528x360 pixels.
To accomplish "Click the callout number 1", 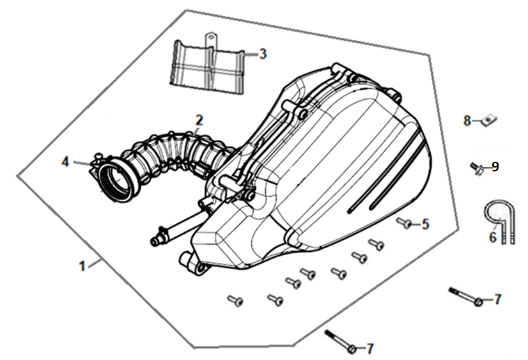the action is [x=82, y=267].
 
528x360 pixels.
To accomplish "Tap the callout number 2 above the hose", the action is [x=199, y=120].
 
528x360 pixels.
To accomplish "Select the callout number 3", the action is [x=263, y=54].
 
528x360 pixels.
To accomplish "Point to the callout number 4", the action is [x=65, y=162].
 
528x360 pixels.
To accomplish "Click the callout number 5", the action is [x=426, y=224].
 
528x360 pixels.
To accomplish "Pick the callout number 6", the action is [x=493, y=237].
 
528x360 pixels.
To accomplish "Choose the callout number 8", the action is [x=467, y=121].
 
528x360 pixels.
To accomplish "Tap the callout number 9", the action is [x=495, y=167].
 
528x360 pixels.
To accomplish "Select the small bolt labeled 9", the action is [x=476, y=168].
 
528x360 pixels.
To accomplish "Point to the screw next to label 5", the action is [x=405, y=223].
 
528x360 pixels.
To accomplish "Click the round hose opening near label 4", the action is [x=114, y=182].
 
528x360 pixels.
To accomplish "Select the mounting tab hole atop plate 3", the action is [x=211, y=35].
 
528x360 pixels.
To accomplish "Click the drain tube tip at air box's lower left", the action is [x=154, y=241].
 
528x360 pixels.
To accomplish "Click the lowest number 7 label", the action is [x=369, y=349].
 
